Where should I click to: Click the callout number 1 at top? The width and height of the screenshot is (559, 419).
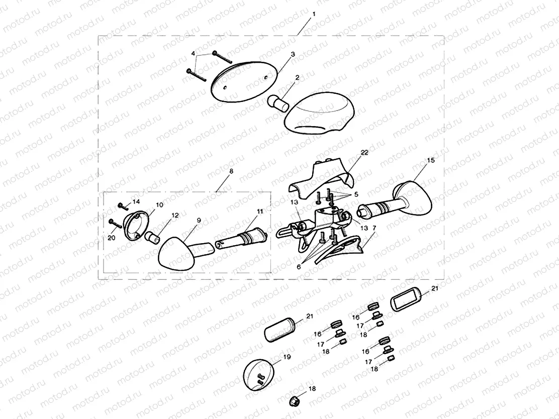coord(314,14)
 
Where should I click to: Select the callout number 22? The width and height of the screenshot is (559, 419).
coord(364,153)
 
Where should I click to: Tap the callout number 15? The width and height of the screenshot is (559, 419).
coord(431,160)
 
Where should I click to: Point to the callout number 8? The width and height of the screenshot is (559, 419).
coord(231,171)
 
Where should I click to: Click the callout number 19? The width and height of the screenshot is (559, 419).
coord(287,357)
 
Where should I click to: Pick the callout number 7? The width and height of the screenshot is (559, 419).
coord(374,228)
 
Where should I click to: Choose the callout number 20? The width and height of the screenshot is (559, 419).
coord(112,238)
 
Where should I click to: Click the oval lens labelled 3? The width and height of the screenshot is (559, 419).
coord(244,81)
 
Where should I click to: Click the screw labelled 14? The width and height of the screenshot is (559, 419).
coord(123,206)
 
